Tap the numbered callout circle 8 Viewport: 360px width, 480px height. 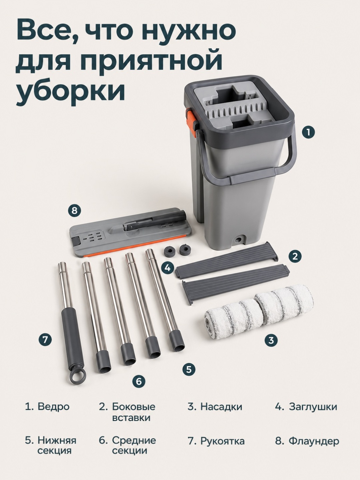tap(74, 211)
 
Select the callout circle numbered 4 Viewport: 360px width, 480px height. tap(168, 268)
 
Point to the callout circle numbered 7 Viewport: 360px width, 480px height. tap(45, 340)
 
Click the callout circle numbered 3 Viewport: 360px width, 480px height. tap(271, 340)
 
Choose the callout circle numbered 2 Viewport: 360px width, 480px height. tap(295, 256)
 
